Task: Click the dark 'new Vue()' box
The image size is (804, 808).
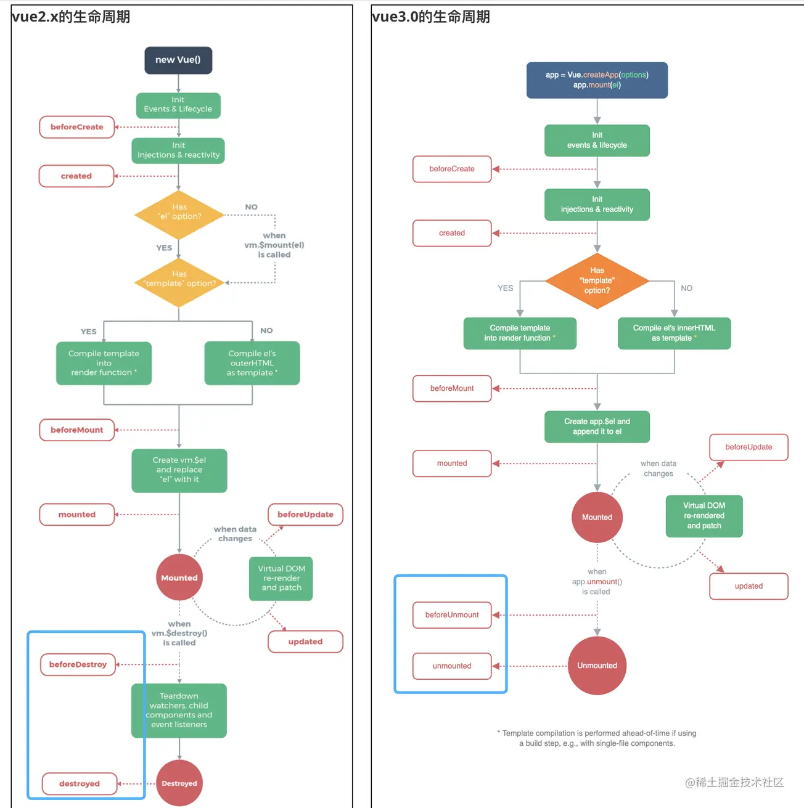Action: (178, 60)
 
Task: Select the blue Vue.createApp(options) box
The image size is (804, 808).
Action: (597, 80)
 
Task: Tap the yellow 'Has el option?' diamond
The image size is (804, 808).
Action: (179, 214)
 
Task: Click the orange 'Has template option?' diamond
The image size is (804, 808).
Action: (597, 280)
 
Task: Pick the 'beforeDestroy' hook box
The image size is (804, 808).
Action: (78, 664)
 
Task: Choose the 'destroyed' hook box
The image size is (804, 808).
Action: (80, 783)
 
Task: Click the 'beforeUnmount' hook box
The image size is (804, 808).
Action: (452, 615)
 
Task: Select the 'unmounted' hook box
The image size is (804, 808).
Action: (452, 666)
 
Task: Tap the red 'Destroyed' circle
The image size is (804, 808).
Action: (179, 783)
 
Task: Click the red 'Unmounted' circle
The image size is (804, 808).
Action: (597, 666)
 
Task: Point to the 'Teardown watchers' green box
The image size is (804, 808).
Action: (179, 711)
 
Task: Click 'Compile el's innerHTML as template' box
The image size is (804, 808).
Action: (674, 333)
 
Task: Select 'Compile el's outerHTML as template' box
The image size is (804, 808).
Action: (252, 363)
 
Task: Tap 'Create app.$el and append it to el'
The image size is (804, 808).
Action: (597, 426)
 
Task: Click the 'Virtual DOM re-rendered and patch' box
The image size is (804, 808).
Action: (704, 516)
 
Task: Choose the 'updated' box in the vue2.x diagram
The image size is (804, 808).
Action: (305, 642)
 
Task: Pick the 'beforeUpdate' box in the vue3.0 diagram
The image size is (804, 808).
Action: (749, 447)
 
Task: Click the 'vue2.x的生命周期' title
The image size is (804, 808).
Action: (71, 17)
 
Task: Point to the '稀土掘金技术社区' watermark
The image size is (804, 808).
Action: (734, 782)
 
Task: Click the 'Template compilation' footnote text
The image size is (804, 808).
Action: (597, 738)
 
